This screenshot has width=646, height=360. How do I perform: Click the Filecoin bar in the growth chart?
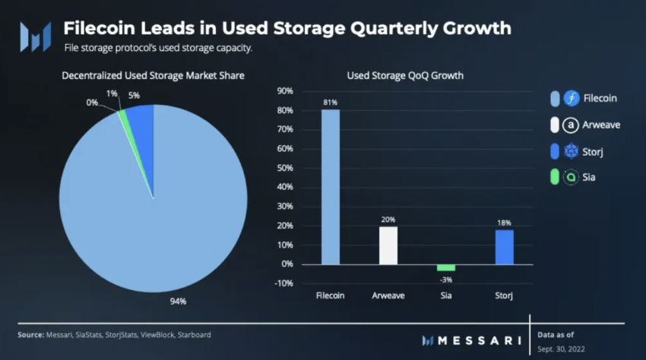pos(331,187)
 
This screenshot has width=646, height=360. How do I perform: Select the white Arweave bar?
pos(388,245)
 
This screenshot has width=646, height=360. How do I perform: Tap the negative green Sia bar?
pos(445,267)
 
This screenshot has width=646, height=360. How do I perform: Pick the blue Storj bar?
pos(504,247)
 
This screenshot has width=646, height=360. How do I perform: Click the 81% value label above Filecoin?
pos(331,103)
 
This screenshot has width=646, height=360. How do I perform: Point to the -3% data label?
pos(446,278)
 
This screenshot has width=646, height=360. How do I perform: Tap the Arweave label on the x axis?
pos(388,295)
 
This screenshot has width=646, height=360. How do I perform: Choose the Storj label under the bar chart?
pos(504,295)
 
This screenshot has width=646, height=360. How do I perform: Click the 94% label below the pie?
pos(179,301)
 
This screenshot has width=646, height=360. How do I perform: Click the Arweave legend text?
pos(601,125)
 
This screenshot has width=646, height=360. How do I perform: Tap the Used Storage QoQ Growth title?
pos(405,76)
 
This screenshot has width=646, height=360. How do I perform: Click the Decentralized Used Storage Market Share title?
pos(153,76)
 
